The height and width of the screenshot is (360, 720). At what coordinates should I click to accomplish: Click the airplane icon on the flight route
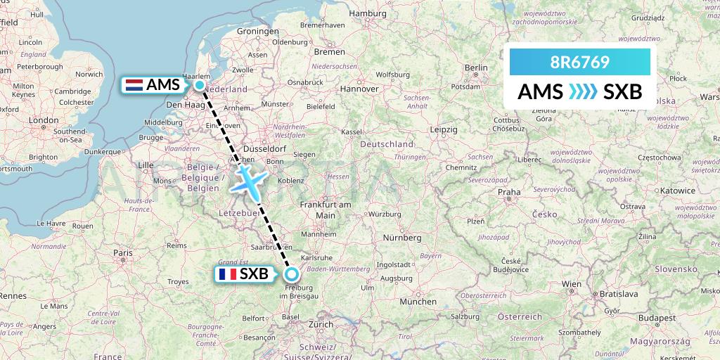coord(248,180)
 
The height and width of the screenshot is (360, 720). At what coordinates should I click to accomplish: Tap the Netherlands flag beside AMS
coord(134,85)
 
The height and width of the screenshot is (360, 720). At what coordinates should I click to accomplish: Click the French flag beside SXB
coord(227,274)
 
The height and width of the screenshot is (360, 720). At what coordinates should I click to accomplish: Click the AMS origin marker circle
coord(200,85)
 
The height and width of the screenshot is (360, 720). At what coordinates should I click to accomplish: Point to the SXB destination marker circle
coord(291,274)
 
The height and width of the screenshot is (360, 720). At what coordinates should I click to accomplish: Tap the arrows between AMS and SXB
coord(583,92)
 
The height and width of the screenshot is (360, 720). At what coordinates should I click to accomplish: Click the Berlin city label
coord(476,67)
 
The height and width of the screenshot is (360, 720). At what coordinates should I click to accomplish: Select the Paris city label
coord(124,252)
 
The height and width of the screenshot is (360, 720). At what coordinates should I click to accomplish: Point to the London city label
coord(44,120)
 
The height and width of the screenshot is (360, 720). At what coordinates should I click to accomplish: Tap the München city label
coord(417,301)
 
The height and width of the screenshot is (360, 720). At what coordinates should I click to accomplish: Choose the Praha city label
coord(508,191)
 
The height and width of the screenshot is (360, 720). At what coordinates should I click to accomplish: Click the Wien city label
coord(571,284)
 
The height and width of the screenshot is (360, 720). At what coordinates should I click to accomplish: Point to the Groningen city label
coord(257,32)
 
